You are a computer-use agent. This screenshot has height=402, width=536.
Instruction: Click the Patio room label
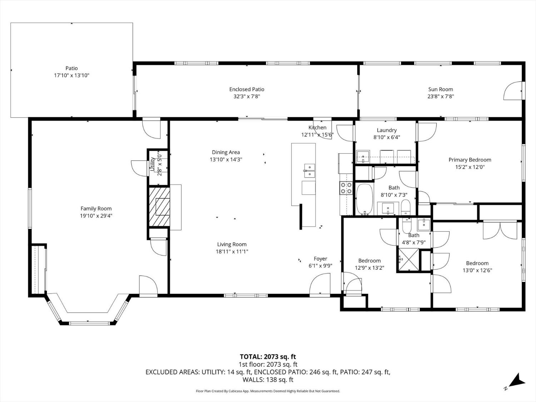(71, 68)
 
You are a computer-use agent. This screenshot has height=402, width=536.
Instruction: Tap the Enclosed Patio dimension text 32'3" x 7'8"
(247, 96)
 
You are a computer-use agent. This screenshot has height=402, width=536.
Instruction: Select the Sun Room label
(441, 89)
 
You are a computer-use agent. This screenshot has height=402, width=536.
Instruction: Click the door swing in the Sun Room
(512, 91)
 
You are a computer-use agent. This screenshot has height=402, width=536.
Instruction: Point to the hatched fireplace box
(159, 206)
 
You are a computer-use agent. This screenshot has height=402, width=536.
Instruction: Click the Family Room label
(96, 209)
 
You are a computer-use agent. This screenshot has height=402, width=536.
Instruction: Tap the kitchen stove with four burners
(346, 188)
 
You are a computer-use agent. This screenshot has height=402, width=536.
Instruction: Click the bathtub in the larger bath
(364, 199)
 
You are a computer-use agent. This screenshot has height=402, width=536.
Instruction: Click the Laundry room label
(386, 130)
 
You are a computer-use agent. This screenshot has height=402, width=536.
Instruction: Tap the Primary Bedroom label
(470, 160)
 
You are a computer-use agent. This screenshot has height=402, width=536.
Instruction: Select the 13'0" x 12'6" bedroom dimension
(477, 271)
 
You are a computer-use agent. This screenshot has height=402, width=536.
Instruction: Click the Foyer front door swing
(320, 284)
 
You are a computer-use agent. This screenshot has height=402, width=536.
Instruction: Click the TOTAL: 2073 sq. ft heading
(268, 357)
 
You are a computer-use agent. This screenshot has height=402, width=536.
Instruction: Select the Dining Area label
(226, 152)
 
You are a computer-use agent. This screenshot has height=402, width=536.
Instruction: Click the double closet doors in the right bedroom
(500, 230)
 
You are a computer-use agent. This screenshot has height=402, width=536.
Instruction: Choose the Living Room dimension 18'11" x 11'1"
(232, 252)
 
